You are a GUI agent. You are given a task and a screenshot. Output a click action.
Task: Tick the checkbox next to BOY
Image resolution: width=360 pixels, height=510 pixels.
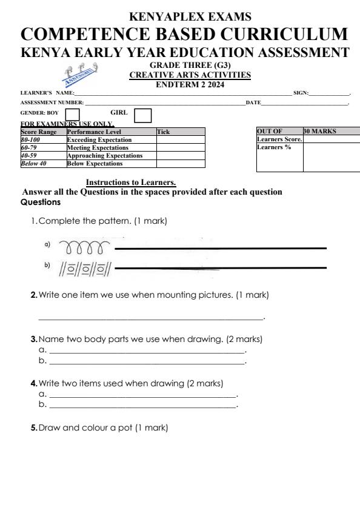[72, 114]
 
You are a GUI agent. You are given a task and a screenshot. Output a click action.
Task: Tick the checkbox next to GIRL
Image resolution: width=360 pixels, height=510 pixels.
[142, 114]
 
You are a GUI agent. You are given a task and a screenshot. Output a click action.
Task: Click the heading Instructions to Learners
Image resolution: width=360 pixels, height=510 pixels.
[131, 182]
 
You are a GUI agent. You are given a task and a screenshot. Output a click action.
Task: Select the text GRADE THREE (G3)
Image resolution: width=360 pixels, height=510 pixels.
[190, 65]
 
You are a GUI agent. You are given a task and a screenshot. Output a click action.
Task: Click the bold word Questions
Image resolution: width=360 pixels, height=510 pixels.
[41, 203]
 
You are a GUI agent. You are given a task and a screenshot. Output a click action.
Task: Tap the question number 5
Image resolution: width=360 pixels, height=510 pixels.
[33, 428]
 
